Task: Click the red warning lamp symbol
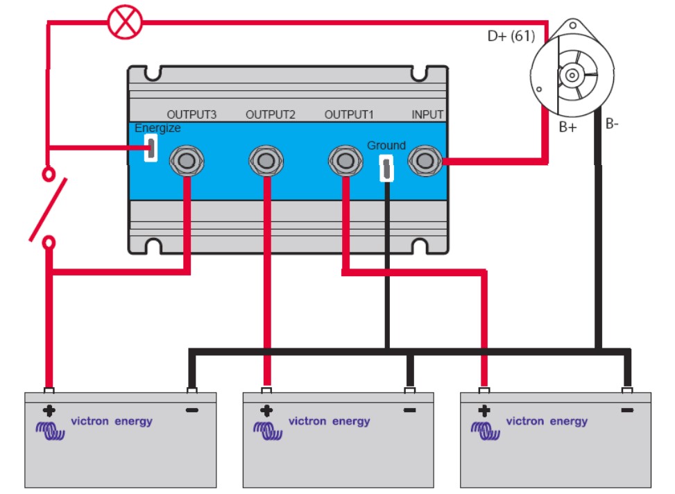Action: coord(125,22)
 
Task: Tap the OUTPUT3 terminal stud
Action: coord(187,161)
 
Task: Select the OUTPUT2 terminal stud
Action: coord(266,161)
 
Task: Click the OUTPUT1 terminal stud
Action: coord(345,161)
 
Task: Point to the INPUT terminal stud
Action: coord(425,161)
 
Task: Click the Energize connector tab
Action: coord(151,148)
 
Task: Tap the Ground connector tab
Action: coord(386,168)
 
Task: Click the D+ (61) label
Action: coord(511,36)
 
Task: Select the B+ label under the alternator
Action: coord(567,128)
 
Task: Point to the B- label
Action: coord(612,124)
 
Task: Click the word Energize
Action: coord(157,128)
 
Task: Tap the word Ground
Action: coord(386,145)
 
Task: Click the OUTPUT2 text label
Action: coord(271,114)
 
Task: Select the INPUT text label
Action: coord(427,114)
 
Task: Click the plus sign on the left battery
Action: coord(49,411)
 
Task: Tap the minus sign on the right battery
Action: coord(627,410)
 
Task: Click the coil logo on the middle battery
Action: coord(268,431)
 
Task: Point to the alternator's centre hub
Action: coord(572,76)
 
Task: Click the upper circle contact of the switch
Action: coord(49,174)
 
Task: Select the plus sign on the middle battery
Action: coord(266,411)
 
